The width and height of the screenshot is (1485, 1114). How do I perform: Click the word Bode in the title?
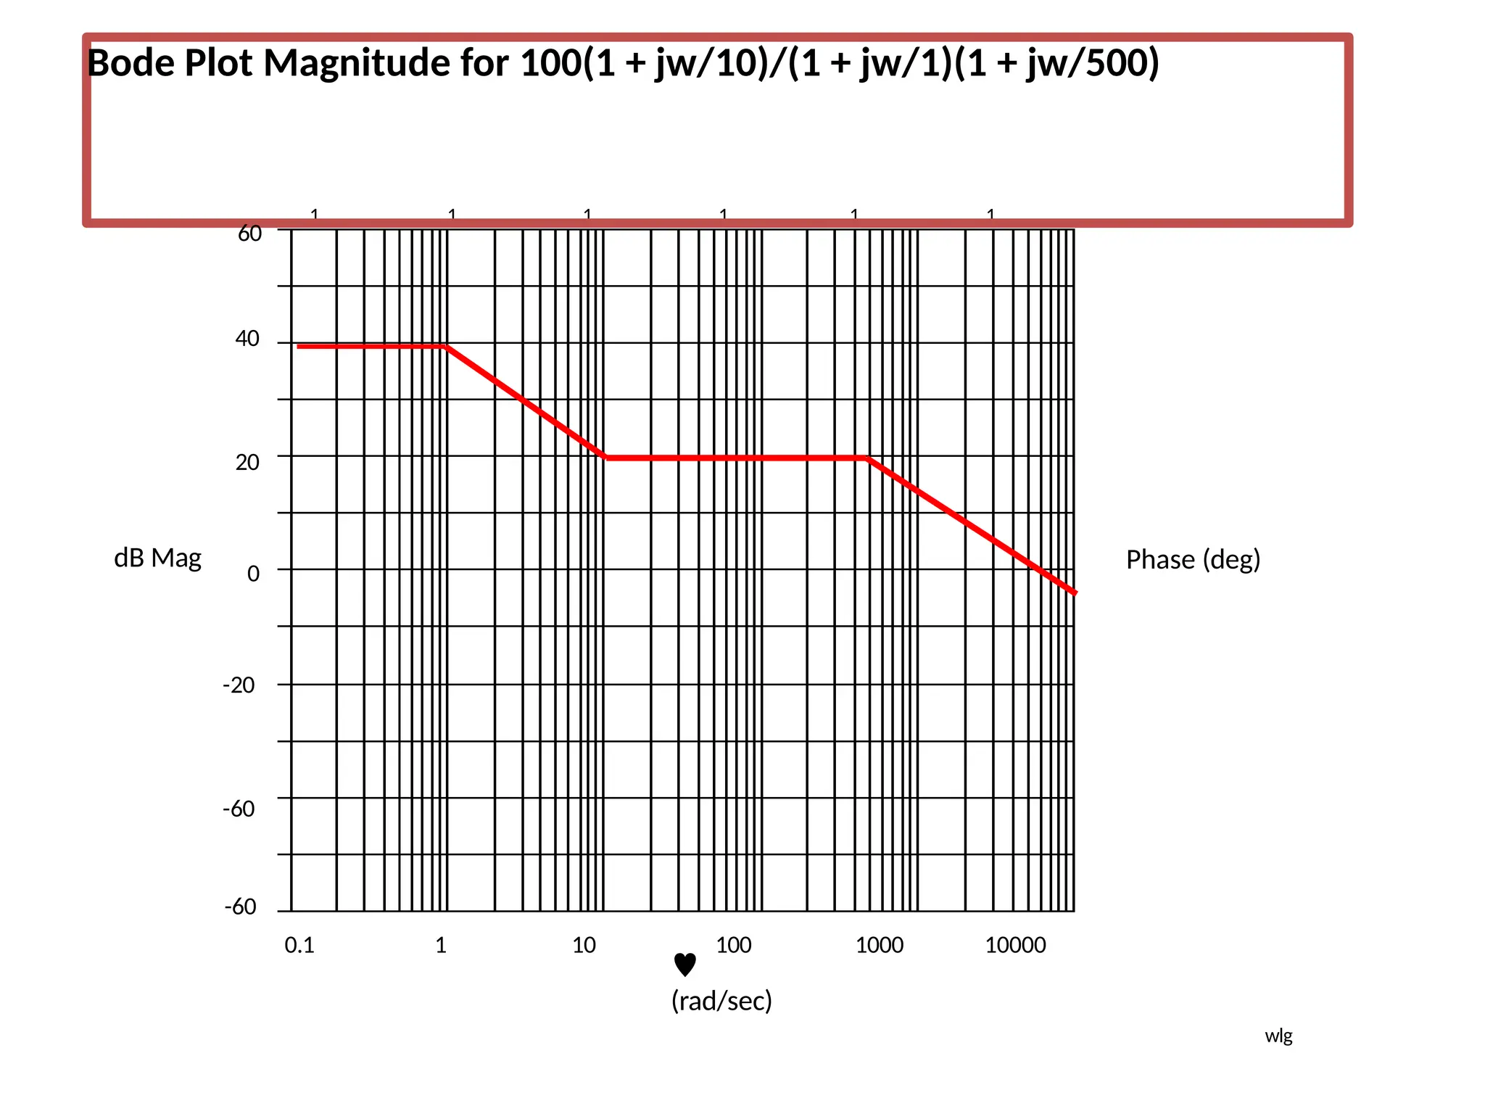coord(131,63)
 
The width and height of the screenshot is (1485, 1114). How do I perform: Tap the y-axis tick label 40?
coord(247,339)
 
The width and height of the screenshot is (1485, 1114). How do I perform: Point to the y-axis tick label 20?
coord(247,462)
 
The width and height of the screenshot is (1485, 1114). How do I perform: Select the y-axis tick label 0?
coord(253,574)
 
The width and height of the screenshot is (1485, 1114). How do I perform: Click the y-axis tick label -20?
coord(239,685)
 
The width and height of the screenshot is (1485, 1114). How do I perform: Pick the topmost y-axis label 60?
coord(249,234)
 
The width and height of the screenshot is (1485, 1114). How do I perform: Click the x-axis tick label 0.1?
coord(299,945)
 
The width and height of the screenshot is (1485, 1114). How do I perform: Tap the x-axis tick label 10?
coord(584,945)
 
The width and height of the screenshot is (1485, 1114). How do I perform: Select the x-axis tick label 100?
coord(733,945)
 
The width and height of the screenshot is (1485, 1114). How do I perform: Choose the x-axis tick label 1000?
coord(879,945)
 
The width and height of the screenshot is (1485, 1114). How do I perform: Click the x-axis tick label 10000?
coord(1015,945)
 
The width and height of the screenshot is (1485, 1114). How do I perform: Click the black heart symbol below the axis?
coord(684,965)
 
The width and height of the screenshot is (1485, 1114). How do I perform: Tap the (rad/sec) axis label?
coord(721,1001)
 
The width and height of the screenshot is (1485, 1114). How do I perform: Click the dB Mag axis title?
coord(157,558)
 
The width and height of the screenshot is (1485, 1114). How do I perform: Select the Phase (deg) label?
coord(1193,559)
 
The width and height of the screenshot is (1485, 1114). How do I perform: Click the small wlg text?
coord(1278,1036)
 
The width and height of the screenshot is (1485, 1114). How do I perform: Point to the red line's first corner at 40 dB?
coord(446,347)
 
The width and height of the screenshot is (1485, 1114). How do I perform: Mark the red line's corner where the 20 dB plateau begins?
coord(606,458)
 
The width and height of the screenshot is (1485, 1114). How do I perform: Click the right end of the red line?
coord(1075,593)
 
